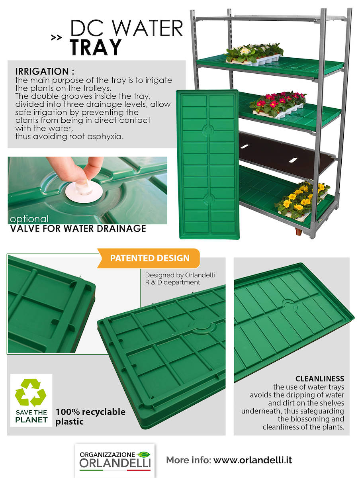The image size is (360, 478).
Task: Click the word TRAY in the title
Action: click(96, 47)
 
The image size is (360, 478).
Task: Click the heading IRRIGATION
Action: click(45, 72)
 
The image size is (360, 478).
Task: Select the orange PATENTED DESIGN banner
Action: click(150, 258)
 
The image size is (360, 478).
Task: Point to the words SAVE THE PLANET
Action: click(31, 416)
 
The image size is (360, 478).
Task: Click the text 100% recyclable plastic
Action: click(90, 416)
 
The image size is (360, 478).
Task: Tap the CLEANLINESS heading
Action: click(319, 378)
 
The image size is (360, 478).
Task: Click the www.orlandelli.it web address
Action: click(252, 460)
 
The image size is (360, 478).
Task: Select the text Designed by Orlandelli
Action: click(180, 275)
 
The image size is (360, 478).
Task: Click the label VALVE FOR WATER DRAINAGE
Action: click(78, 229)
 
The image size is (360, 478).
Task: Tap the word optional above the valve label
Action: click(29, 219)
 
